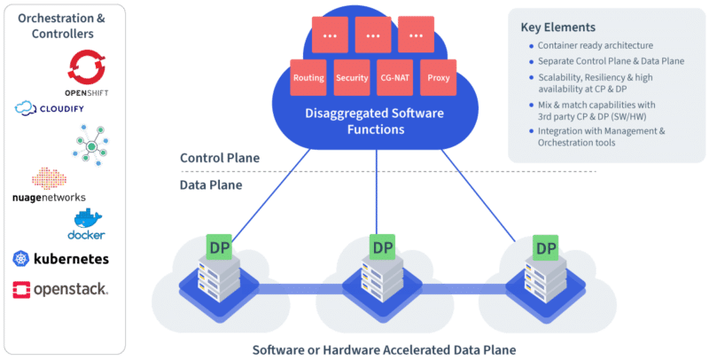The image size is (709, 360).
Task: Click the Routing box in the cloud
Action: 308,79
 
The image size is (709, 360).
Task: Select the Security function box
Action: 352,79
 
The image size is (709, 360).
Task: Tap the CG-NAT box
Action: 394,79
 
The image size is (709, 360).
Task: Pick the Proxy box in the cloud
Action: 438,79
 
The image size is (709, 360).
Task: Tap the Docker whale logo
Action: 88,223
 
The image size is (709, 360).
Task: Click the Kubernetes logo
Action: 61,259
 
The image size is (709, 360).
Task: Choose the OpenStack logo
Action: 61,289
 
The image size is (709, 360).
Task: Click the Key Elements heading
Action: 557,27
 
